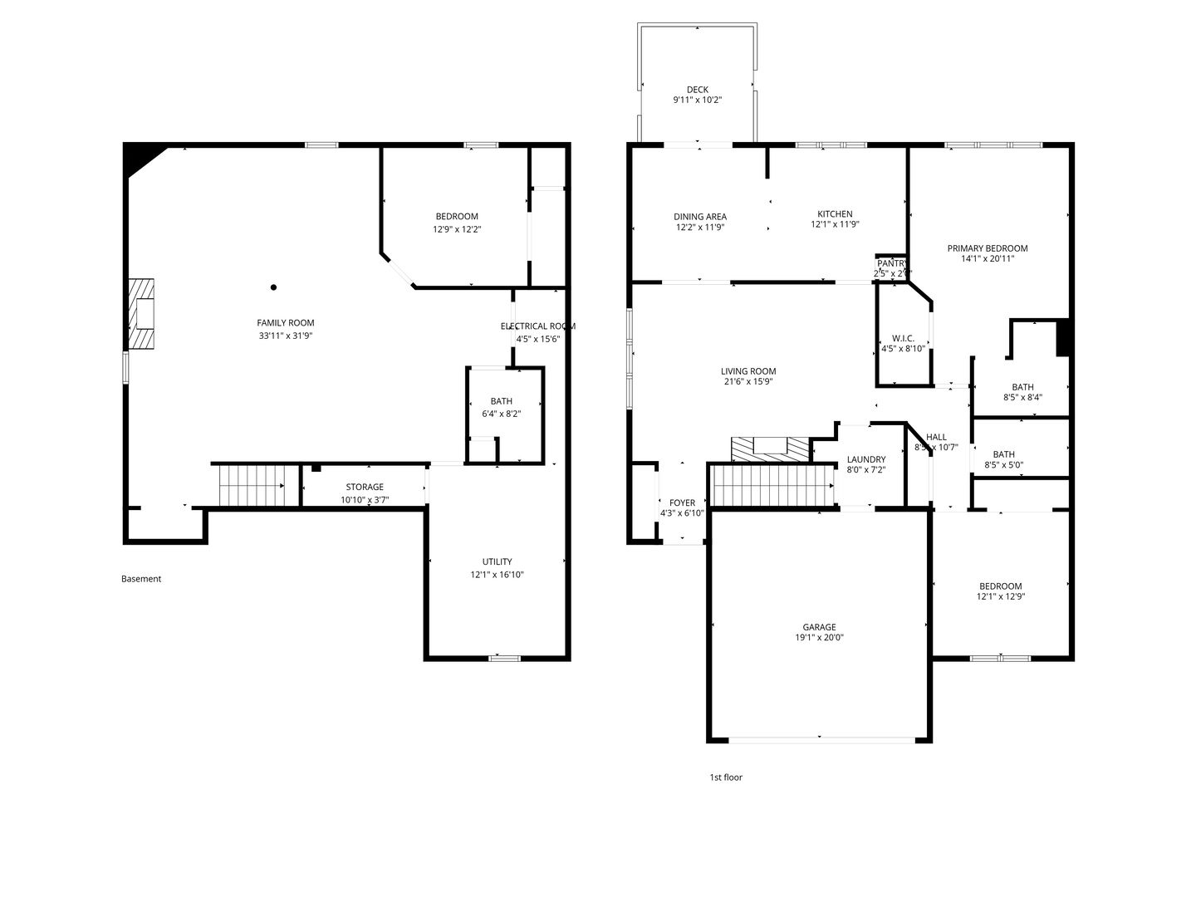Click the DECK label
pos(697,90)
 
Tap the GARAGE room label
pos(819,627)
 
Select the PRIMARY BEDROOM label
pos(988,248)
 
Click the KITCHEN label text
pos(835,214)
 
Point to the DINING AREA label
pos(699,217)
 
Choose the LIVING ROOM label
pos(747,371)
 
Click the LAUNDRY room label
pos(865,459)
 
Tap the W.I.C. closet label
pos(903,338)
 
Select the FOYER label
pos(682,502)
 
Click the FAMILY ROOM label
pos(285,323)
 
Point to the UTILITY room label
pos(497,561)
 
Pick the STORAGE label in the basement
pos(365,487)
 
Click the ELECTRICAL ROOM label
pos(537,326)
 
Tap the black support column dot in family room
pos(273,287)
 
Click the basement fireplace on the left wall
pos(141,314)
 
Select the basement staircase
pos(251,485)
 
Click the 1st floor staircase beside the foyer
pos(772,485)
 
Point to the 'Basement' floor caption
pos(141,579)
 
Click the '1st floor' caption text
pos(725,777)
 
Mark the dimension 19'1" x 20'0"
pos(819,638)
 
